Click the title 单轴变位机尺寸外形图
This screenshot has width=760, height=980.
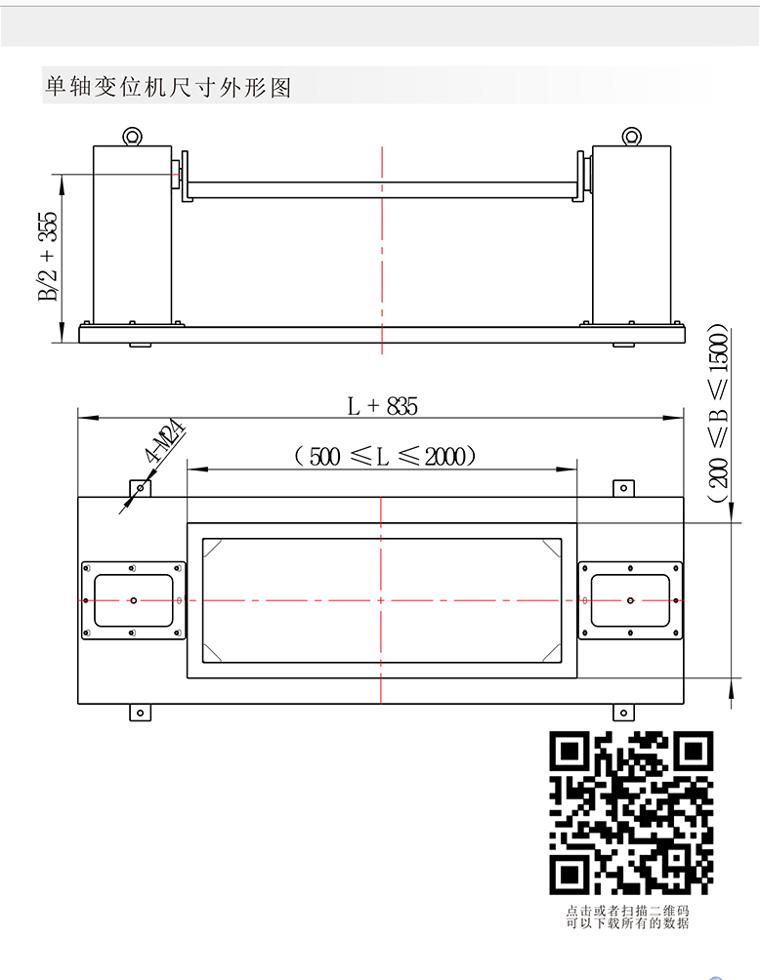(168, 86)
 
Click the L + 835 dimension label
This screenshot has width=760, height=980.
(382, 406)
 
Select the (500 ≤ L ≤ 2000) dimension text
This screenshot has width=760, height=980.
(385, 456)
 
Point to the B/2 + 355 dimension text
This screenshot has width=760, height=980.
(48, 257)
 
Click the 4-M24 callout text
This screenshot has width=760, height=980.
(166, 442)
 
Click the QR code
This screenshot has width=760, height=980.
(631, 812)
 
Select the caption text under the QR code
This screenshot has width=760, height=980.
(627, 917)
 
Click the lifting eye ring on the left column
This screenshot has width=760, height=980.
(132, 137)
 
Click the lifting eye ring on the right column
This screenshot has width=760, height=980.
(631, 137)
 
